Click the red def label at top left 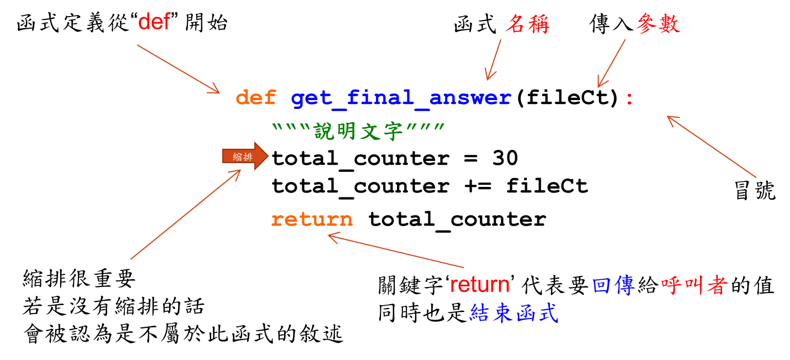tap(154, 22)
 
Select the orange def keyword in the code tap(255, 98)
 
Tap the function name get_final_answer tap(401, 98)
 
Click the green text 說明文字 tap(360, 132)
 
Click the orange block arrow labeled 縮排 tap(245, 156)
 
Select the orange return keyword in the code tap(312, 220)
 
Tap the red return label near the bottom tap(480, 285)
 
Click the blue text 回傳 tap(613, 285)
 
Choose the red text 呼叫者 tap(694, 285)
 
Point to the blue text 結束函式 tap(514, 313)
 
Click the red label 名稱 tap(527, 24)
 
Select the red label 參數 tap(658, 24)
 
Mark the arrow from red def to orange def tap(178, 69)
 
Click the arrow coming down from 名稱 tap(493, 60)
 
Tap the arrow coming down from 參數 tap(611, 63)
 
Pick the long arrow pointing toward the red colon tap(711, 147)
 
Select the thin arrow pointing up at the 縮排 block tap(185, 214)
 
